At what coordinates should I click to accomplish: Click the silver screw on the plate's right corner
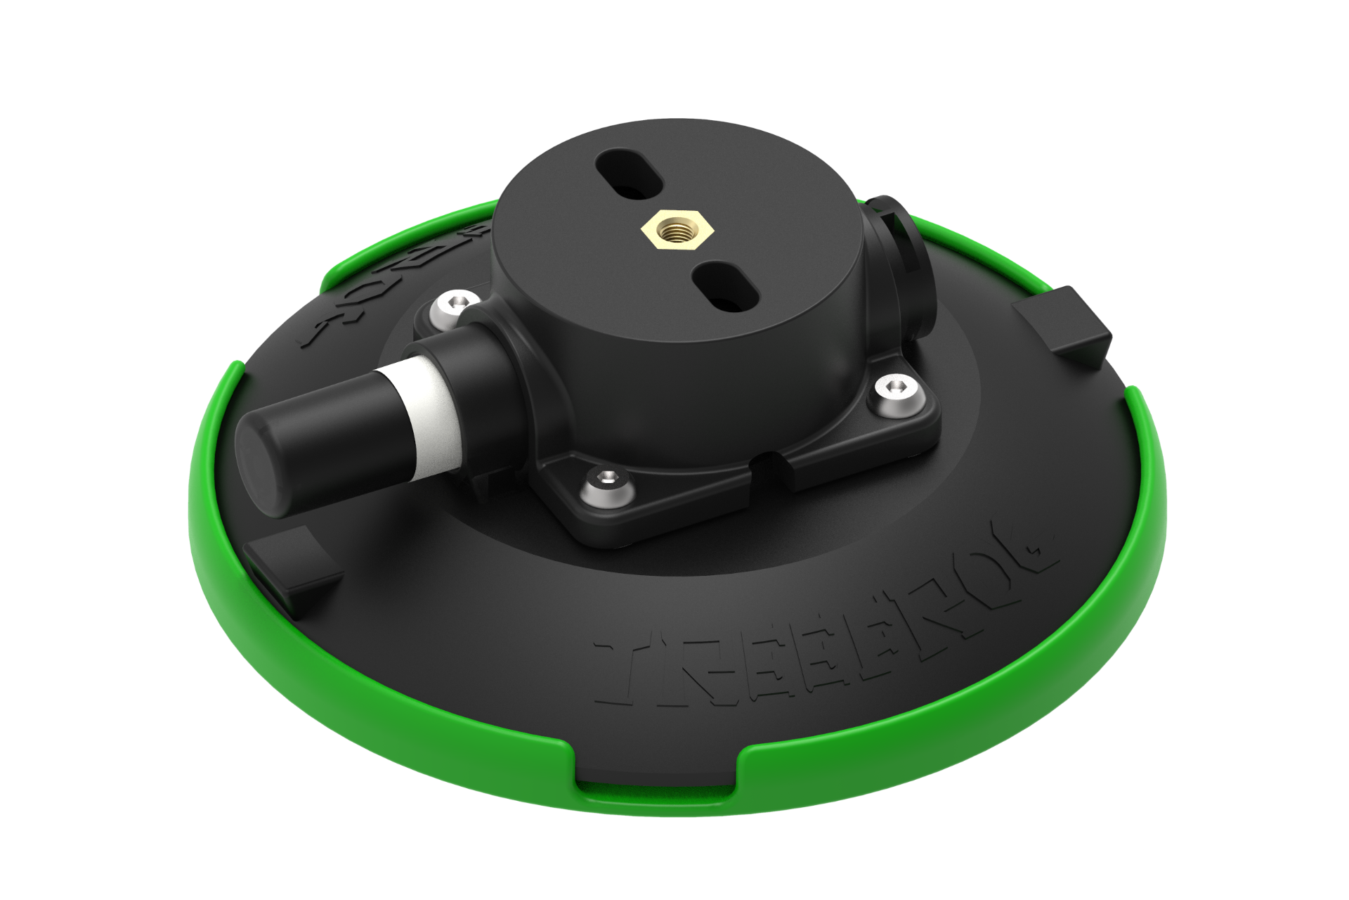click(897, 388)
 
